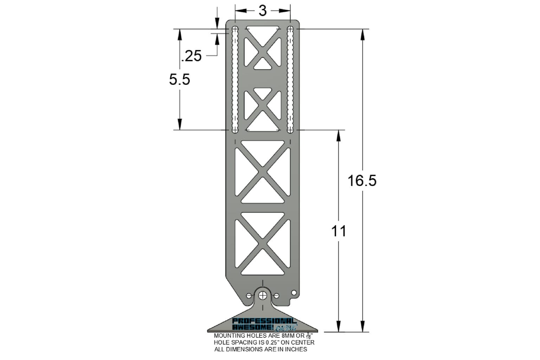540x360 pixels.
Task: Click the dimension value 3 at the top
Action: tap(263, 11)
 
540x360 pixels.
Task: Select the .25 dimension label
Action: tap(191, 56)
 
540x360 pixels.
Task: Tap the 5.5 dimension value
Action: tap(179, 79)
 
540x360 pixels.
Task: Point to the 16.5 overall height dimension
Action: tap(362, 180)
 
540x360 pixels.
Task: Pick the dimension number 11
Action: tap(339, 231)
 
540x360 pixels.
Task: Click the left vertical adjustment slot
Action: tap(235, 79)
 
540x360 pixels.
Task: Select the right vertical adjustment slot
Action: tap(290, 79)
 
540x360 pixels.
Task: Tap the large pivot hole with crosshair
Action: tap(263, 295)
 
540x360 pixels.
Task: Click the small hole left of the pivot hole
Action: tap(249, 296)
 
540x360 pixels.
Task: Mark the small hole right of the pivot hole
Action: tap(277, 296)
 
